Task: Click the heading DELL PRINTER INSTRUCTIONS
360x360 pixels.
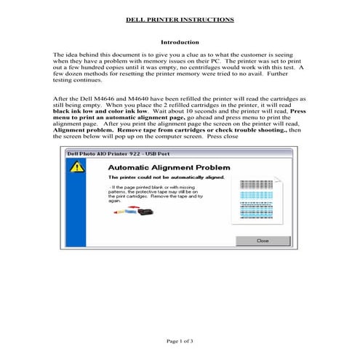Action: pos(180,20)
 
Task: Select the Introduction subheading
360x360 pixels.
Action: pos(180,42)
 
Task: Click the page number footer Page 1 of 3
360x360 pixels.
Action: pos(180,340)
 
